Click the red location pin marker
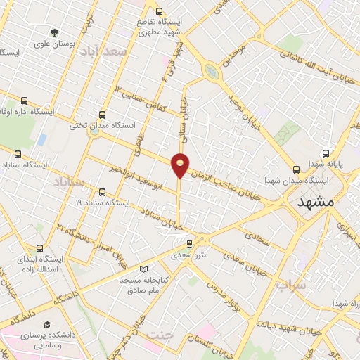click(x=181, y=164)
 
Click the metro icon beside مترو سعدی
click(x=188, y=244)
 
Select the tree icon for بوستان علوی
click(x=55, y=32)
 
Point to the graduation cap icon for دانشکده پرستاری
click(x=46, y=325)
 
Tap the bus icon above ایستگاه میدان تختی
click(x=103, y=115)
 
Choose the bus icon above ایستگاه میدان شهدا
click(x=296, y=169)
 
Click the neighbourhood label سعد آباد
click(x=103, y=51)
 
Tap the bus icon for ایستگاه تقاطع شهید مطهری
click(x=159, y=11)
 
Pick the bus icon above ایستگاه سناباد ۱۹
click(x=102, y=191)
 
